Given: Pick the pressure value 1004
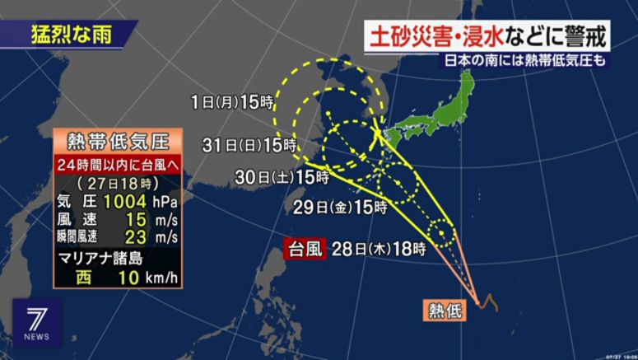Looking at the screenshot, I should point(123,200).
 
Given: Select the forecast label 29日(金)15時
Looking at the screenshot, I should point(339,208).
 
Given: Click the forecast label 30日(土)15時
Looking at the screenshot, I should point(282,175).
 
